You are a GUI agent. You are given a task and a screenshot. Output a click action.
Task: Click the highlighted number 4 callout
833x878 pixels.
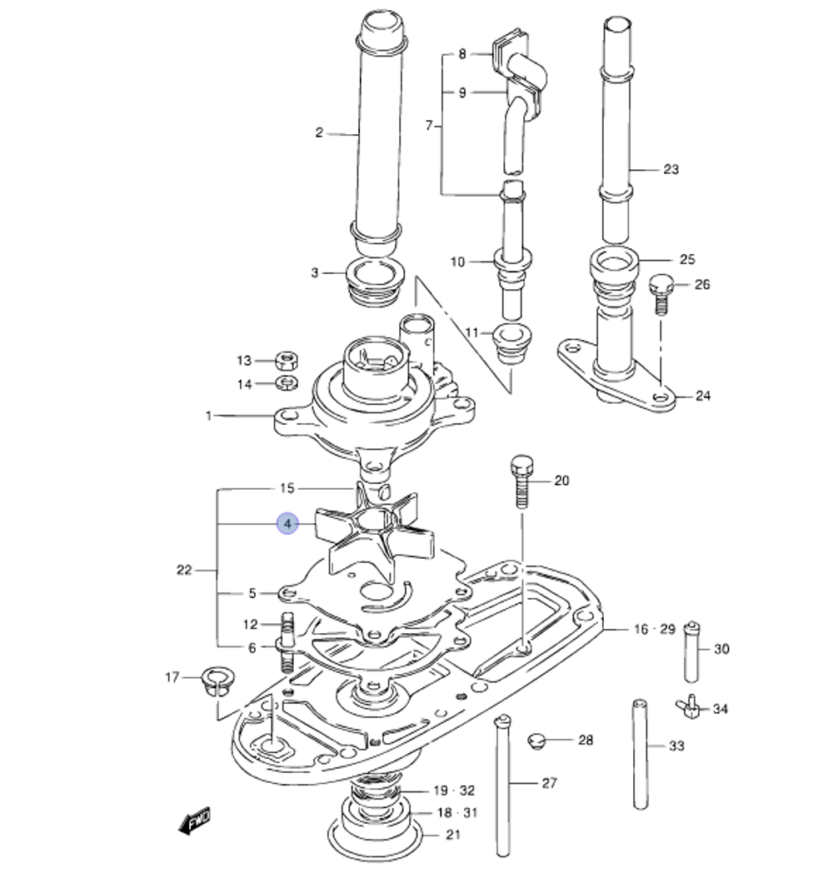pos(287,524)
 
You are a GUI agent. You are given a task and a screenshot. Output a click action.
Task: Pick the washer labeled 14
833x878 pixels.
pos(287,384)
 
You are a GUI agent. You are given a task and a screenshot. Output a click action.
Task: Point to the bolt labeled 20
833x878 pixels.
pos(521,481)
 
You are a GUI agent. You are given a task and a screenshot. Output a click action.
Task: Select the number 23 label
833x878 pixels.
pos(671,169)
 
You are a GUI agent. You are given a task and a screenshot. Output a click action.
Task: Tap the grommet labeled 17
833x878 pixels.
pos(218,678)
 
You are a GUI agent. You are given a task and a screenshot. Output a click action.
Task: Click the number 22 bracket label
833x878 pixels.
pos(184,571)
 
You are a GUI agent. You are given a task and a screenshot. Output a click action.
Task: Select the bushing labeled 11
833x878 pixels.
pos(510,342)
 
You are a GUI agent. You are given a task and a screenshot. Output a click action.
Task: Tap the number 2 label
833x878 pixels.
pos(318,132)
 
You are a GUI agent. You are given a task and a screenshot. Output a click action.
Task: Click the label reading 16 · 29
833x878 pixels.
pos(654,629)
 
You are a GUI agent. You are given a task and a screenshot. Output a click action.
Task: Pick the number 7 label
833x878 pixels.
pos(429,126)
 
